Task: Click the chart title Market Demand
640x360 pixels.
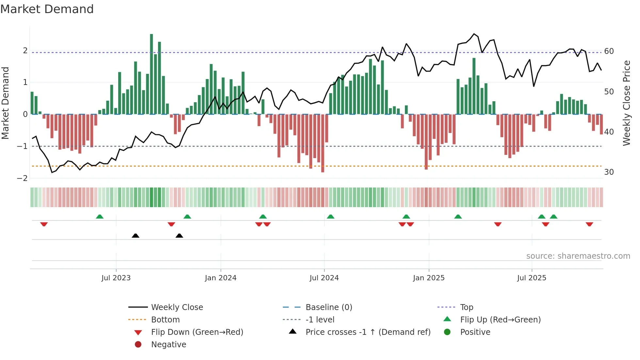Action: point(47,9)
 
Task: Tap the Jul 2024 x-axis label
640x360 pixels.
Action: point(324,278)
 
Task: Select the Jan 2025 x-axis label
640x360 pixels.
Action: point(428,278)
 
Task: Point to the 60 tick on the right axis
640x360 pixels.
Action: point(609,51)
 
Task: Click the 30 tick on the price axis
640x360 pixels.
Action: point(609,172)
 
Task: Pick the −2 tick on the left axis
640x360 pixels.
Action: point(22,178)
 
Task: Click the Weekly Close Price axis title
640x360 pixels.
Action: point(626,103)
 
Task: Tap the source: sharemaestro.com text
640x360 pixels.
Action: point(578,256)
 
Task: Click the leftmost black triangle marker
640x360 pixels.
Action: point(136,236)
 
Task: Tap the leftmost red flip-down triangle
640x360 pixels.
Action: point(44,224)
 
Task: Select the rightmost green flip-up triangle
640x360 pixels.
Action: point(553,217)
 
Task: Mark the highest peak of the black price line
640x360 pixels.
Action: point(474,34)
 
